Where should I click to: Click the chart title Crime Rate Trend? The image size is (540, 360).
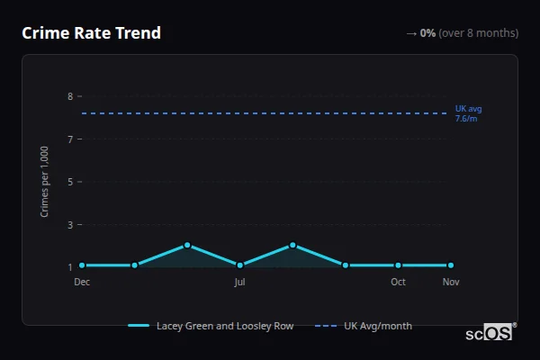coord(91,33)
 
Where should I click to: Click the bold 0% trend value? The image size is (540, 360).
coord(427,33)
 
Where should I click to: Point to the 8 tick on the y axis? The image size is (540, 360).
coord(69,96)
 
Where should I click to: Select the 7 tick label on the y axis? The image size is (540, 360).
coord(69,139)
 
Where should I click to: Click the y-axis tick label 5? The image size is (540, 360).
coord(69,182)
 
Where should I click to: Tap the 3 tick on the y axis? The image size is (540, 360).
coord(69,224)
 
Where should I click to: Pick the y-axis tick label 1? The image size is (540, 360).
coord(69,267)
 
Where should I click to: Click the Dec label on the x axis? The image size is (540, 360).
coord(82,282)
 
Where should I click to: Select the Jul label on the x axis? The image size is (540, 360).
coord(239,282)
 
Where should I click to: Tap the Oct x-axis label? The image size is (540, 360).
coord(398,282)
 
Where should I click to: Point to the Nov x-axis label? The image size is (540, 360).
coord(451,282)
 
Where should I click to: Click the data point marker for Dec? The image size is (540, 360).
coord(82,265)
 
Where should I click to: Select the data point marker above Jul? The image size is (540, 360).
coord(239,265)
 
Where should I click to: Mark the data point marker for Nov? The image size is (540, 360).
coord(451,265)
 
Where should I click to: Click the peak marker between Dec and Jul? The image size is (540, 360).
coord(187,245)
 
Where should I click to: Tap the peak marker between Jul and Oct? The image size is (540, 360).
coord(292,245)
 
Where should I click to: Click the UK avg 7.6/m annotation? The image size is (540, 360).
coord(468,113)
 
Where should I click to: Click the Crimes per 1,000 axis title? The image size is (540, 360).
coord(45,181)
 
